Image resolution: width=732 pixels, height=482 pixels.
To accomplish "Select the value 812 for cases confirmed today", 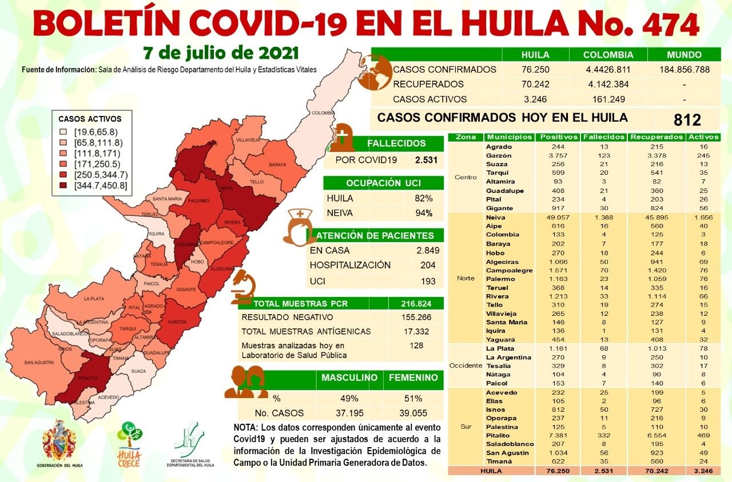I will click(686, 119).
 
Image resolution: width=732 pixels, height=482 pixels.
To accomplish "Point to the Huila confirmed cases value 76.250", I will click(535, 70).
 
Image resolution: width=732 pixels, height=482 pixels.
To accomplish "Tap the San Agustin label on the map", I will click(39, 363).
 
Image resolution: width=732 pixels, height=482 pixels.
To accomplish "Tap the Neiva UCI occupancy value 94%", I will click(423, 214).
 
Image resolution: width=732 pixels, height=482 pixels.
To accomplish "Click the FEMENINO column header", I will click(413, 377).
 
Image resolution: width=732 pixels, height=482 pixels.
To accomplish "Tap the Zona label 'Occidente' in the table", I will click(466, 365).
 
